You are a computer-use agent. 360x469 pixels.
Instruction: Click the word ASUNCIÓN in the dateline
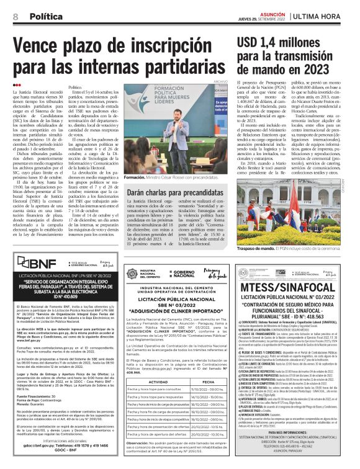[272, 13]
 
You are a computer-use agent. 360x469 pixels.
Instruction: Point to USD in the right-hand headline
[250, 42]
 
